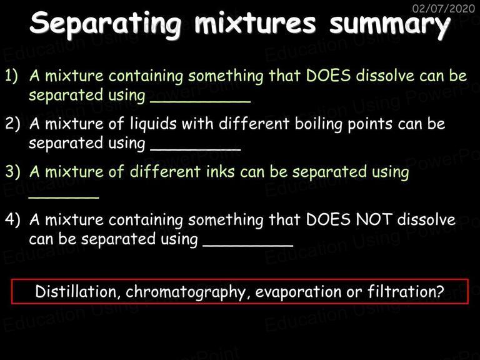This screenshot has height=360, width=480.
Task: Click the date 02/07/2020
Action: (443, 8)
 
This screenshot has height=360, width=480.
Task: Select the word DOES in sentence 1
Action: (328, 75)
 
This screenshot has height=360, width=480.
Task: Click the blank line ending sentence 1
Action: (200, 102)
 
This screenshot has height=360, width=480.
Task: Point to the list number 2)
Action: (12, 123)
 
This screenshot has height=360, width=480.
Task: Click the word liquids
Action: (153, 124)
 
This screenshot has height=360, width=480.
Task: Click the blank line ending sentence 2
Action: (196, 150)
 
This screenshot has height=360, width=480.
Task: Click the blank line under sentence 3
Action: (64, 197)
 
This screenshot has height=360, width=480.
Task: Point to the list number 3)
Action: (12, 171)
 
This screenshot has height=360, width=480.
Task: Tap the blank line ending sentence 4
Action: (248, 245)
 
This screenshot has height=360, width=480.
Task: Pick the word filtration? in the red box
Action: (406, 291)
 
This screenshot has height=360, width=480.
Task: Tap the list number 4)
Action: (12, 219)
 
